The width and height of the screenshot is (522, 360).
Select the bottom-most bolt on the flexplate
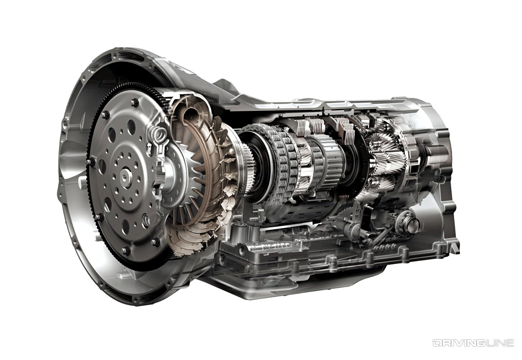124,250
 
